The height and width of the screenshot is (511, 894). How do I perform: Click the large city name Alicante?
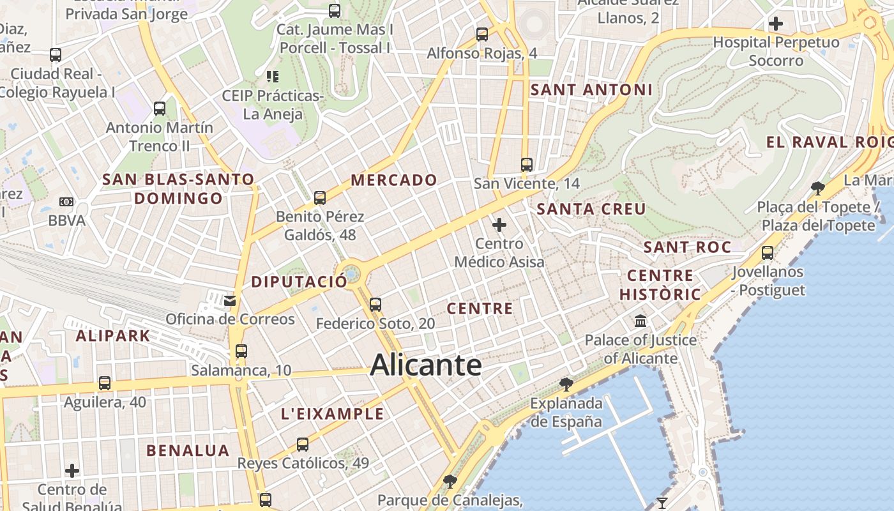coord(426,365)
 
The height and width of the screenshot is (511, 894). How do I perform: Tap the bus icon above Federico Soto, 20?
coord(375,305)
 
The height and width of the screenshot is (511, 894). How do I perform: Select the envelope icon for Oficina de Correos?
coord(230,300)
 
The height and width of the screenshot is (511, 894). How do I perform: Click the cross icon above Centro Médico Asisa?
coord(499,225)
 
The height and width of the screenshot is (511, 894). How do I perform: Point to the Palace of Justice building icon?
coord(640,321)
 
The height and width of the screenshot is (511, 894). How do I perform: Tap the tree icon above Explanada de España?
coord(566,384)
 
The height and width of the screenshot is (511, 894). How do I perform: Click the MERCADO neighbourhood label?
coord(394,180)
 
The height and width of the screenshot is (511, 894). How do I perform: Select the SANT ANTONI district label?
coord(591,90)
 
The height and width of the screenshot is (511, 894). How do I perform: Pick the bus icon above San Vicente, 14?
coord(527,165)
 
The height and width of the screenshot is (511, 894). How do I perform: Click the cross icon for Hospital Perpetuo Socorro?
coord(776,24)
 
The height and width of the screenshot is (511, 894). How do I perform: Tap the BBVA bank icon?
coord(66,202)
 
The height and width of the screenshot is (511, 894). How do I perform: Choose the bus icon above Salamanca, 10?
coord(241,351)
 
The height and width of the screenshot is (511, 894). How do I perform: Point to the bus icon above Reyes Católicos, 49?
coord(303,445)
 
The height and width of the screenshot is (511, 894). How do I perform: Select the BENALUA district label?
coord(188,450)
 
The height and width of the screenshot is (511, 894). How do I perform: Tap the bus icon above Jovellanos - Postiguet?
coord(768,253)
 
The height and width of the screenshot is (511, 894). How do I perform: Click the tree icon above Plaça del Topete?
coord(817,188)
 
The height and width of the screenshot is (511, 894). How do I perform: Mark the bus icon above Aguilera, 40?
coord(105,383)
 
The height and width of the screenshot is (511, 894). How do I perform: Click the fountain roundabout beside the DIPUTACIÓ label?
coord(351,275)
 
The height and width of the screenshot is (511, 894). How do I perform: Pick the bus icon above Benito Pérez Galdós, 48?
coord(320,198)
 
